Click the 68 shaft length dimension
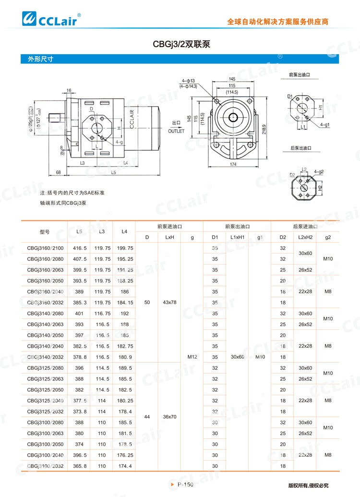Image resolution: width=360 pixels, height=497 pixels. click(58, 172)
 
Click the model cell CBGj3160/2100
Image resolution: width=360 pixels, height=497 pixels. click(45, 248)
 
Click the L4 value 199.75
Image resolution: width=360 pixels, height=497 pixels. click(125, 248)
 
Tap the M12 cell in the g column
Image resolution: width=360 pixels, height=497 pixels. click(192, 357)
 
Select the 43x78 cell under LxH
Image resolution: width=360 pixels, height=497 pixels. click(169, 302)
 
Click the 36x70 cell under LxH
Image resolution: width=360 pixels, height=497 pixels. click(169, 417)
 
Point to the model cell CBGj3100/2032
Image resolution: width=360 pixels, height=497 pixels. click(45, 466)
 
